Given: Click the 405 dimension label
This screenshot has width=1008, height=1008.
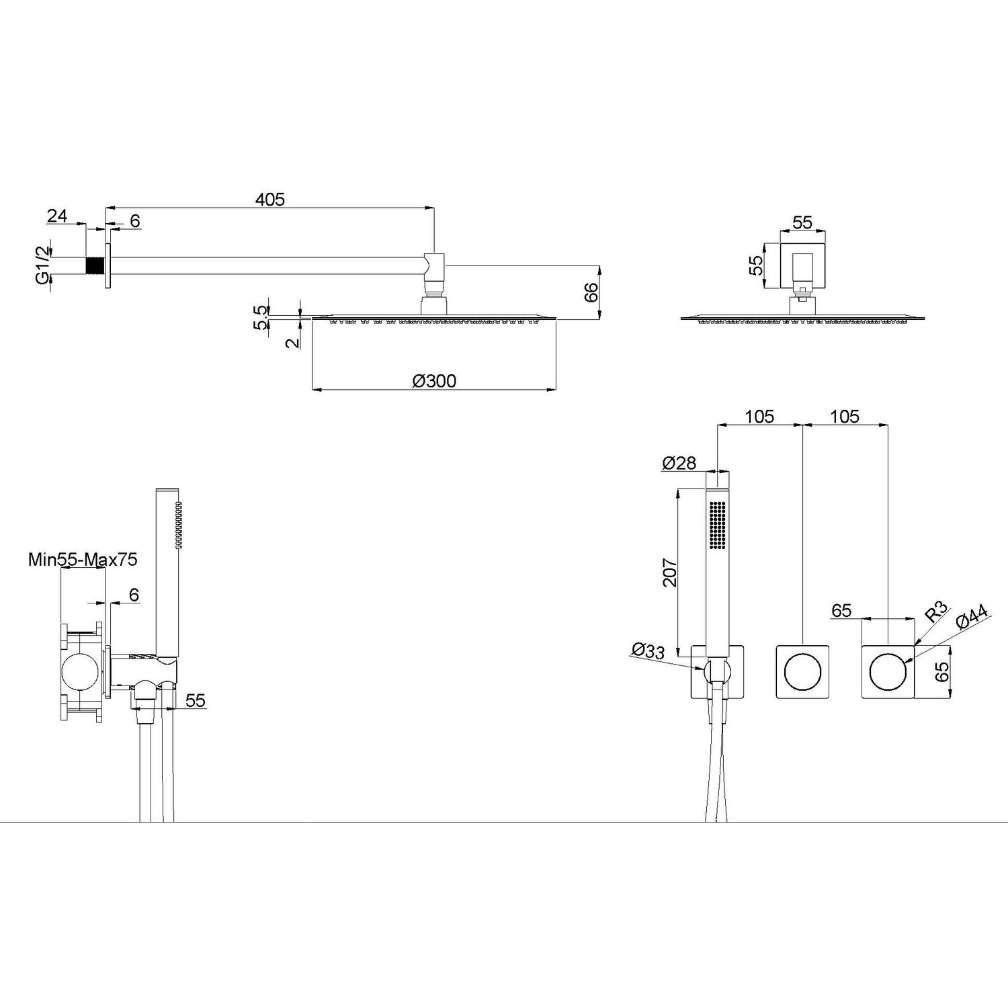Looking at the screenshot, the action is tap(270, 200).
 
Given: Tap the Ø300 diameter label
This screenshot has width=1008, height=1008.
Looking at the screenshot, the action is tap(434, 381).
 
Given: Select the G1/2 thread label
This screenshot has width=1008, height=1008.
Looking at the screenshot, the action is tap(42, 266).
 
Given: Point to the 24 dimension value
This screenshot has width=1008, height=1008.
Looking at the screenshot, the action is tap(58, 216).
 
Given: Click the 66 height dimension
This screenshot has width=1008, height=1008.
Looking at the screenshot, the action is tap(591, 293).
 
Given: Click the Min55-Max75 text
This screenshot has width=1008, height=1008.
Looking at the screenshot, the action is tap(83, 559).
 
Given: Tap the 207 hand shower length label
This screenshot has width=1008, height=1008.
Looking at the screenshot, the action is tap(670, 573).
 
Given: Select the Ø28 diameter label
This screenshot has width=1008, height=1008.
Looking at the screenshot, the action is tap(679, 463).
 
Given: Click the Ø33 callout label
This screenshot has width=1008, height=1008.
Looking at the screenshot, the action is tap(648, 650).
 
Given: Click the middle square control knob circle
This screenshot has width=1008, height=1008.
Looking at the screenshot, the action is tap(803, 672).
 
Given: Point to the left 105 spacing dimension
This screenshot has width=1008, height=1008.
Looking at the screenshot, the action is tap(759, 417).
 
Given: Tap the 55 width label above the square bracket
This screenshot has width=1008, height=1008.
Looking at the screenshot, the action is tap(802, 222).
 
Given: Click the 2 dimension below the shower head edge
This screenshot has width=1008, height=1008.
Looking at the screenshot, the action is tap(292, 341).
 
